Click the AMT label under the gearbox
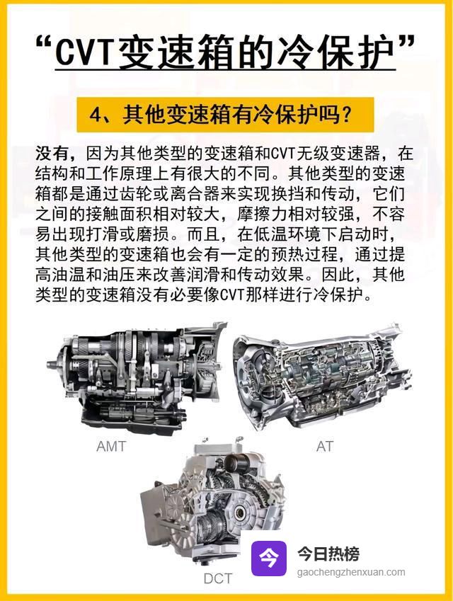point(111,447)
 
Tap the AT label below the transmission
point(325,447)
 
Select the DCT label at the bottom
point(218,579)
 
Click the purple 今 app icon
point(269,559)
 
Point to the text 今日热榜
point(328,554)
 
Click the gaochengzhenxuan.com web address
point(351,572)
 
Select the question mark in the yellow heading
point(345,114)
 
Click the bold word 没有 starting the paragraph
point(52,154)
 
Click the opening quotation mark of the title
point(43,42)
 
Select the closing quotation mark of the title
point(406,42)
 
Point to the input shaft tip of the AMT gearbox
point(50,365)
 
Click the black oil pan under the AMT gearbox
point(134,420)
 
